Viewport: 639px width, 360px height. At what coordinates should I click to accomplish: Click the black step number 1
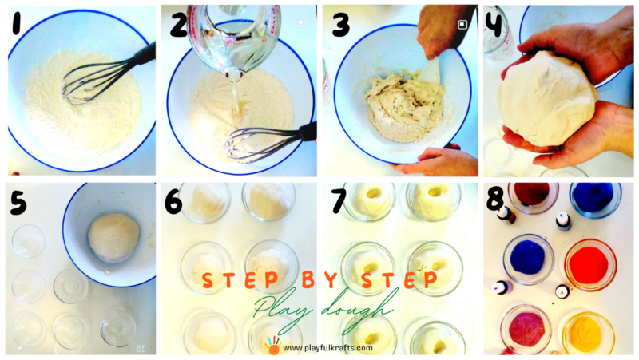tap(16, 23)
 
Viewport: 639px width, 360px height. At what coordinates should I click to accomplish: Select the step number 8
tap(495, 200)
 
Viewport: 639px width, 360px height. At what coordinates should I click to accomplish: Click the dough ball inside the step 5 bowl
tap(113, 237)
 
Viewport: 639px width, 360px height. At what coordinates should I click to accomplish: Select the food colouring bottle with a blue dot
tap(563, 221)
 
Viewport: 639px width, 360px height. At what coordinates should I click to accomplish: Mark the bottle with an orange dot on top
tap(562, 291)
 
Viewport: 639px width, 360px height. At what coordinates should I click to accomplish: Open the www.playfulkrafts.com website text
tap(327, 348)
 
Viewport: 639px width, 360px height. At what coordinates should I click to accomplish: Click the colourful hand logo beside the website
tap(272, 346)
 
